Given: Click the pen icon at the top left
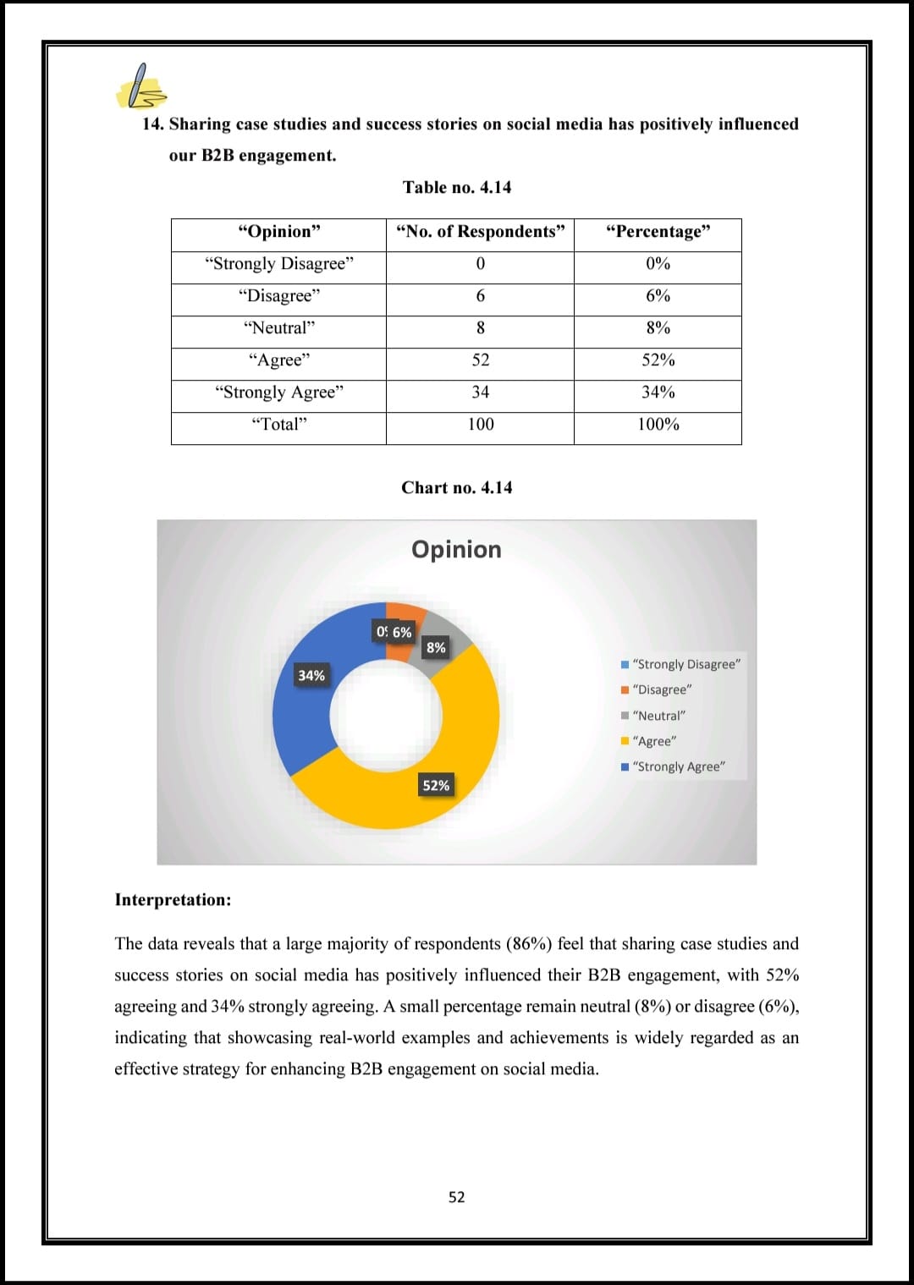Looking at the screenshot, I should (141, 88).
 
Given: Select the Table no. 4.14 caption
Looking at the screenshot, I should (457, 188).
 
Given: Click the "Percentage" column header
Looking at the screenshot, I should (658, 232).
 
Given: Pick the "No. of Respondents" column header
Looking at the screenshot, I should (480, 232).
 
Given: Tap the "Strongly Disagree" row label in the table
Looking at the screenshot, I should (279, 264).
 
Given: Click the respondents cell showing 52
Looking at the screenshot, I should (480, 360).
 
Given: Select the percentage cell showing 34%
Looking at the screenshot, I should (658, 393).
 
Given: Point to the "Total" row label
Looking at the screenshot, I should (279, 425).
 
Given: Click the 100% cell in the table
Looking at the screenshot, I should (658, 425).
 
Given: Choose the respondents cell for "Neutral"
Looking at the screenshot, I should (480, 328).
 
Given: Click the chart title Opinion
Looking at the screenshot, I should (456, 550).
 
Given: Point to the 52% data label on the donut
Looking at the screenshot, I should (436, 786).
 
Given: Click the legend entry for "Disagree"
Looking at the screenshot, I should (661, 690).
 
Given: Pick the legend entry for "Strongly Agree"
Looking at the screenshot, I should (678, 767).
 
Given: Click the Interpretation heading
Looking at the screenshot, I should (173, 900).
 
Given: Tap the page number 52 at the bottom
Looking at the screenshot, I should (456, 1197).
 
